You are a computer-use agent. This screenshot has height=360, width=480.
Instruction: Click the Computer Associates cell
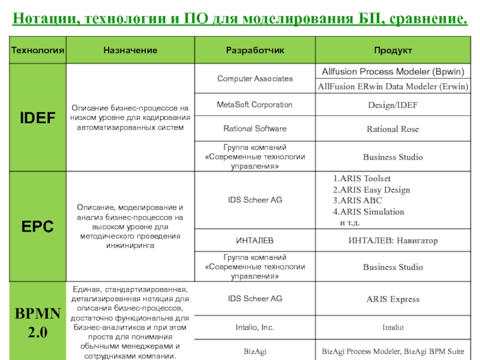click(255, 79)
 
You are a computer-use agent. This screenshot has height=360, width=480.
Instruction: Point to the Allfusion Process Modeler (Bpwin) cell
click(393, 71)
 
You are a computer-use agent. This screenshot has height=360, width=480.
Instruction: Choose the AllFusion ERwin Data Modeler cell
click(393, 87)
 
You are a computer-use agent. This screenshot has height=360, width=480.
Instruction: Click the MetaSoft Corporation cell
click(255, 105)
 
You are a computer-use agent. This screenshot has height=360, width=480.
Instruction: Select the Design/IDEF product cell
click(393, 106)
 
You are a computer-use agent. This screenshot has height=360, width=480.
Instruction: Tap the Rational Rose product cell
click(393, 129)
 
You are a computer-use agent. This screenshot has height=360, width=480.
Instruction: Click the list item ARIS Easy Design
click(372, 190)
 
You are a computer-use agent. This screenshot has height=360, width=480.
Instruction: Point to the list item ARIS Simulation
click(369, 212)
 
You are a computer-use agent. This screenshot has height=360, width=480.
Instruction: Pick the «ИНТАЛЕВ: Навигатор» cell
click(393, 241)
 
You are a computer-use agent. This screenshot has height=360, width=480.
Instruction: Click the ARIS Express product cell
click(393, 299)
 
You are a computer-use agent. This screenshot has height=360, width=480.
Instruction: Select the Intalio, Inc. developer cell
click(255, 328)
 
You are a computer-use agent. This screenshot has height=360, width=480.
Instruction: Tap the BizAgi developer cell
click(255, 350)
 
